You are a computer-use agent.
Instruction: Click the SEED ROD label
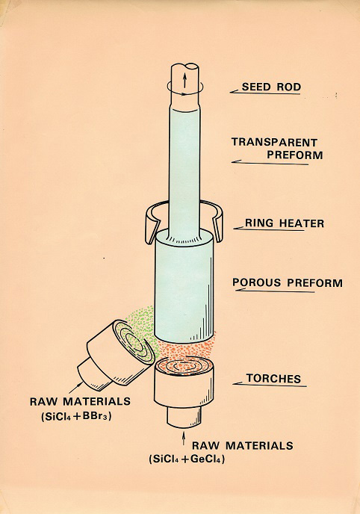click(x=271, y=87)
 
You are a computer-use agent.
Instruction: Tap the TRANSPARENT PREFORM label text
click(x=277, y=149)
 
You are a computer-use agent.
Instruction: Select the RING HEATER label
click(x=285, y=223)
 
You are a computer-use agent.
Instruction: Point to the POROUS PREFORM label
click(x=288, y=282)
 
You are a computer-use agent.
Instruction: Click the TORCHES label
click(x=273, y=379)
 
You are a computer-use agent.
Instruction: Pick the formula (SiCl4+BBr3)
click(x=76, y=416)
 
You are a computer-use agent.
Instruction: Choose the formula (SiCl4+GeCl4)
click(x=187, y=459)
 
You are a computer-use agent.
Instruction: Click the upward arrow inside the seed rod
click(x=184, y=80)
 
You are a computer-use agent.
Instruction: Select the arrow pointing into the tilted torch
click(x=75, y=388)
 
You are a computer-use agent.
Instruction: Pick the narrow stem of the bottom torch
click(x=184, y=417)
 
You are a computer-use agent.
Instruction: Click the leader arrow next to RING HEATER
click(x=269, y=229)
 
